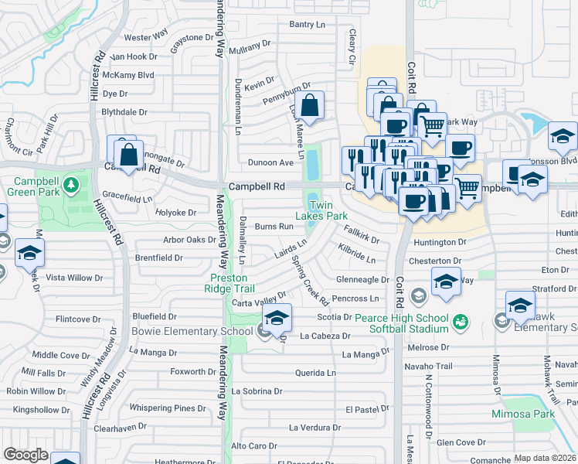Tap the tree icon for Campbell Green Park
[x=71, y=185]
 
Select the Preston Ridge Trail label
[x=229, y=283]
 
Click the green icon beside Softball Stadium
[x=461, y=319]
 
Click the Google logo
[x=25, y=455]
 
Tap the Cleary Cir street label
[x=352, y=47]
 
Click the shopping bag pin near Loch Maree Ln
[x=309, y=107]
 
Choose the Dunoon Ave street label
[x=270, y=162]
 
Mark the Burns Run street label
[x=274, y=227]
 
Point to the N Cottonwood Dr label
[x=427, y=402]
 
